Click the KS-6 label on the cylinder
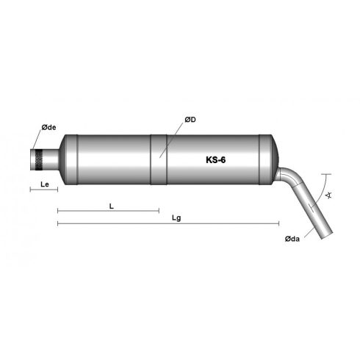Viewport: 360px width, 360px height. tap(217, 159)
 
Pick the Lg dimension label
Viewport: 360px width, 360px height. tap(175, 217)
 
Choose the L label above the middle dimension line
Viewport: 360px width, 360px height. tap(110, 206)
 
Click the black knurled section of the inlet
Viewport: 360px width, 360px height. tap(36, 158)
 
